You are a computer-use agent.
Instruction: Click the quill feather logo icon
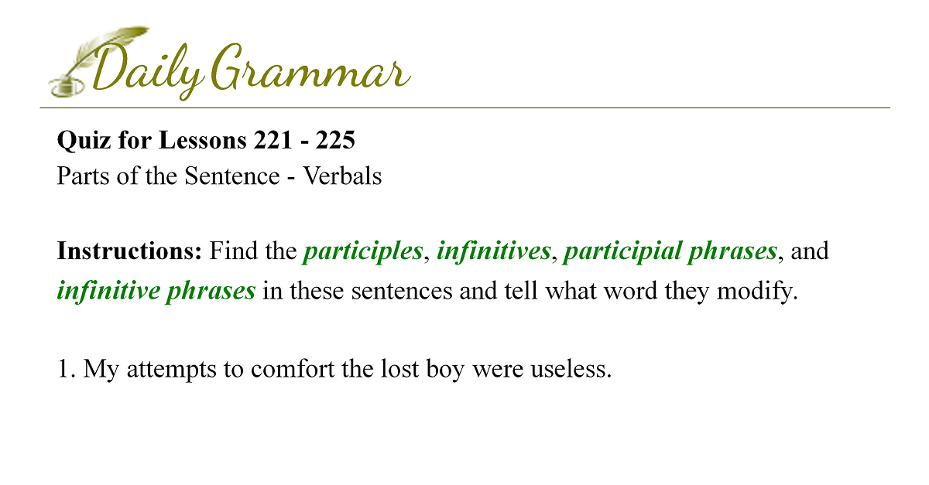click(99, 61)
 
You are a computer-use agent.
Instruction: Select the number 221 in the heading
click(273, 140)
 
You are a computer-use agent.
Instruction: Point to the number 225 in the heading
click(335, 140)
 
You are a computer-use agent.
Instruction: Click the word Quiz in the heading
click(84, 141)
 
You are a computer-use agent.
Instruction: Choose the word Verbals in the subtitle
click(342, 176)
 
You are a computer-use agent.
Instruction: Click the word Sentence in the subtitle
click(232, 176)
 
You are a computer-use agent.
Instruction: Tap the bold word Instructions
click(129, 251)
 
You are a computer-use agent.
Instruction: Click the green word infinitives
click(494, 251)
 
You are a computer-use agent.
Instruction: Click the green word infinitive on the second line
click(108, 291)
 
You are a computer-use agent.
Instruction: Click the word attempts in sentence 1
click(171, 370)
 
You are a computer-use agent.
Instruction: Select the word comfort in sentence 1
click(293, 368)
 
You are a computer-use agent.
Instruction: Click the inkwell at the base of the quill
click(67, 87)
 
